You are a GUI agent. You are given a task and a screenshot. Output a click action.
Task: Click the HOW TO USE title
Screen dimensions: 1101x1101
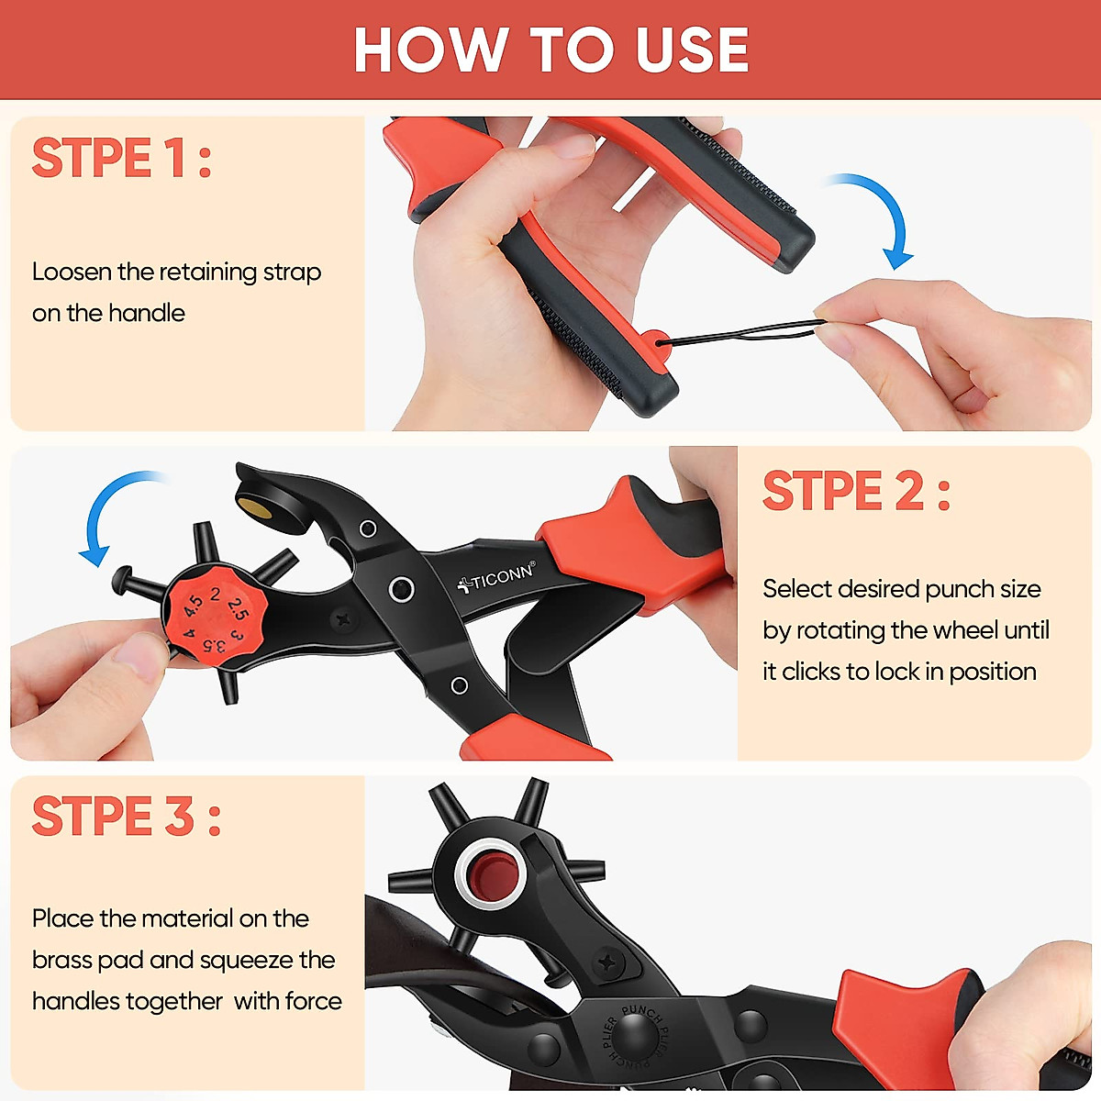pos(550,50)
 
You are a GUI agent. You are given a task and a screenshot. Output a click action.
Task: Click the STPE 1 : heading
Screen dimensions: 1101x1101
pos(122,159)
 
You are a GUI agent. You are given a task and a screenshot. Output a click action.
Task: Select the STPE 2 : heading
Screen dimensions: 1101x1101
pos(856,491)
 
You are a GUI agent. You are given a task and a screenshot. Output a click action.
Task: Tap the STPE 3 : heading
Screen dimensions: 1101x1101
pos(127,817)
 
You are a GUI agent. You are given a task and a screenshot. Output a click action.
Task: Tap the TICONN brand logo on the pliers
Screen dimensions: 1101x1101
pos(496,578)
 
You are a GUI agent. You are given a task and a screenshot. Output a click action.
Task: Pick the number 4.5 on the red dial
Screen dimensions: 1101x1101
pos(194,606)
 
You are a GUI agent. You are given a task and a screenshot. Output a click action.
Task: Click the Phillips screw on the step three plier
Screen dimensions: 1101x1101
pos(606,962)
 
